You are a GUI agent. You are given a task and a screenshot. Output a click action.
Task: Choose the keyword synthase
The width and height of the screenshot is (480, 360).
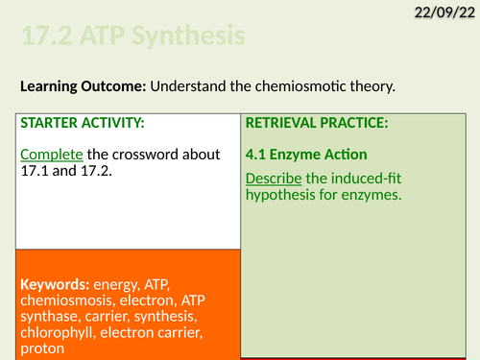[47, 318]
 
